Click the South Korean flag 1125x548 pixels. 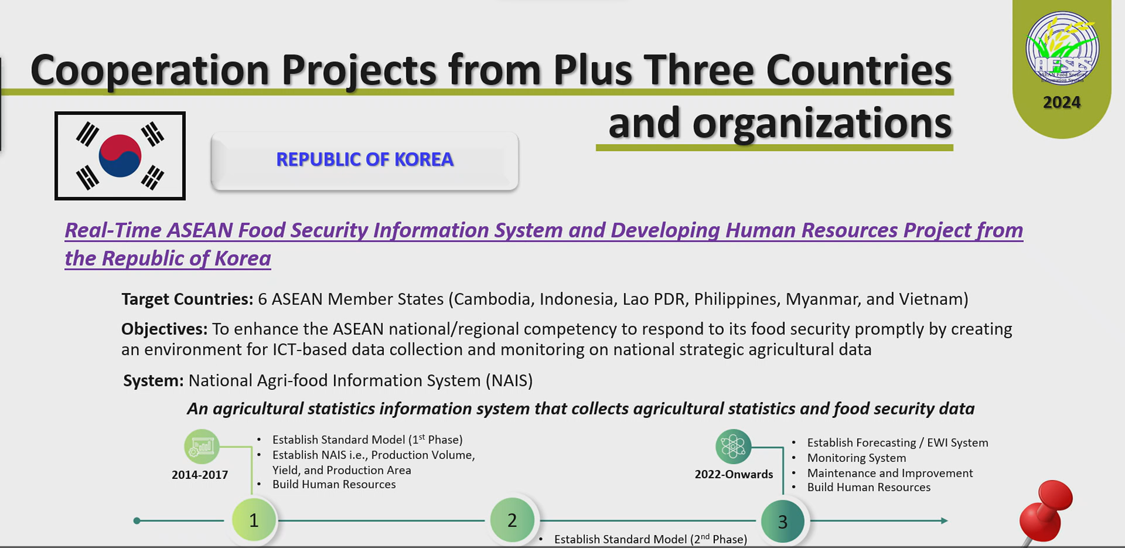120,156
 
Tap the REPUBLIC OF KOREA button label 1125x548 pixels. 364,159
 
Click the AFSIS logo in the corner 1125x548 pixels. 1062,49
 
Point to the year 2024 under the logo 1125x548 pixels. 1062,103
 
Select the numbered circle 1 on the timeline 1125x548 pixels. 254,520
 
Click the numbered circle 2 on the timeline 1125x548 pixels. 512,520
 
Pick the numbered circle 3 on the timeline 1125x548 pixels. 783,521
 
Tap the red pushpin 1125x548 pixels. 1046,511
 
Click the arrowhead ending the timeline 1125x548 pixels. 944,520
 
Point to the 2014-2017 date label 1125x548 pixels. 200,475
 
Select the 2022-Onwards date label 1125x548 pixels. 734,474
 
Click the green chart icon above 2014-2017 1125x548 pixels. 202,447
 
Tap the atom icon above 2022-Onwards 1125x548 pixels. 733,447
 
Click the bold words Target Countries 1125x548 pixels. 187,299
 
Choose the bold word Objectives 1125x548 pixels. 164,329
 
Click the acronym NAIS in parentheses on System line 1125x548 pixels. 509,380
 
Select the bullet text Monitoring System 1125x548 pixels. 857,458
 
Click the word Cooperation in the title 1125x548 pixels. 150,70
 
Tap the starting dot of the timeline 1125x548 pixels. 137,520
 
